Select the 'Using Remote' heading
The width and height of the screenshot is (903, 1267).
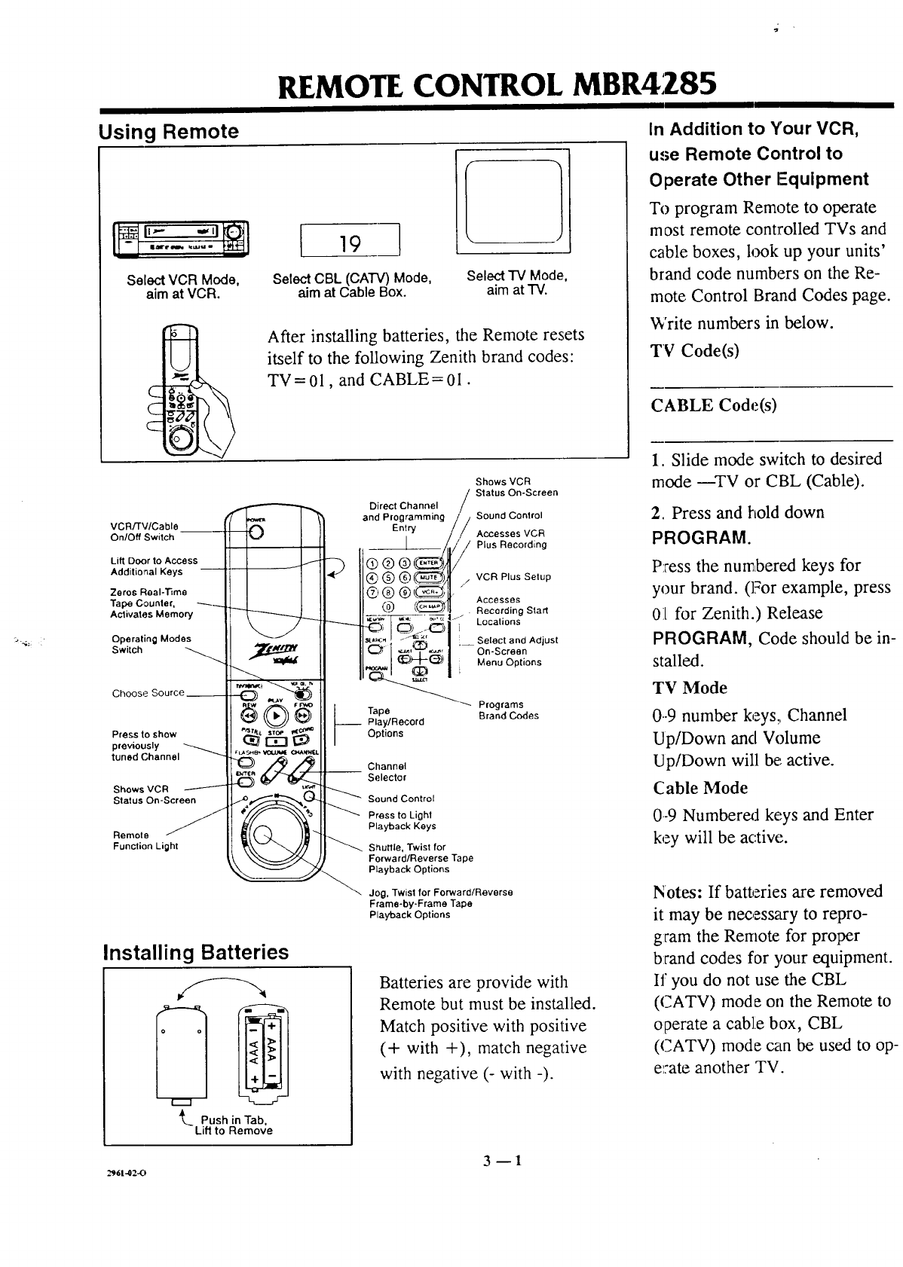tap(169, 132)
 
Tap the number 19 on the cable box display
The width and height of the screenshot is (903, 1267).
tap(349, 243)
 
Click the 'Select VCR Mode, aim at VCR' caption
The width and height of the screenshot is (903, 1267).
tap(183, 287)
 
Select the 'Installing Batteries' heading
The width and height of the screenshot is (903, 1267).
tap(195, 952)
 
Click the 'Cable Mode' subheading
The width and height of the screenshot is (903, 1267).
tap(700, 788)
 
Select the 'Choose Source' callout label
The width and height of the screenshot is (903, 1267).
tap(148, 693)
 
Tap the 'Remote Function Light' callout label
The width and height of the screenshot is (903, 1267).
tap(145, 841)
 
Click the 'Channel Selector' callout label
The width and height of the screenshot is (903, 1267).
tap(387, 771)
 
